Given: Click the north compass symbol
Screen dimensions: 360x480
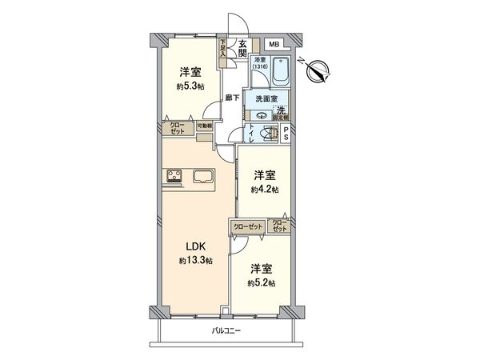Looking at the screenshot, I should pos(318,71).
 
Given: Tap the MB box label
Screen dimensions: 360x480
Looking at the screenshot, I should pos(274,43).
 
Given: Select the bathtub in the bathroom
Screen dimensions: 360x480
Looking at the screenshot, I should pos(280,73).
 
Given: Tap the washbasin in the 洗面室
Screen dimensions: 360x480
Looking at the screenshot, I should pos(261,114).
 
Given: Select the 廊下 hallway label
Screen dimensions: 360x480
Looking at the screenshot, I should pos(230,98).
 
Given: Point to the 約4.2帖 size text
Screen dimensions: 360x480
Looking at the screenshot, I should pos(265,190).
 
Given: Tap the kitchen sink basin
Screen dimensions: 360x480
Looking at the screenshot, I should pos(202,178).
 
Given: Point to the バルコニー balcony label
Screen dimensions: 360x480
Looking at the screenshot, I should pos(227,330).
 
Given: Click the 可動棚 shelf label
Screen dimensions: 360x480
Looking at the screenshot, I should pos(204,126).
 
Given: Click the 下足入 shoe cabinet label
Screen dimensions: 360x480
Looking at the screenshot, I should pos(223,48).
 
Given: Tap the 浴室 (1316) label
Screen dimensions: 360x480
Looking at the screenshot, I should pos(260,63).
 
